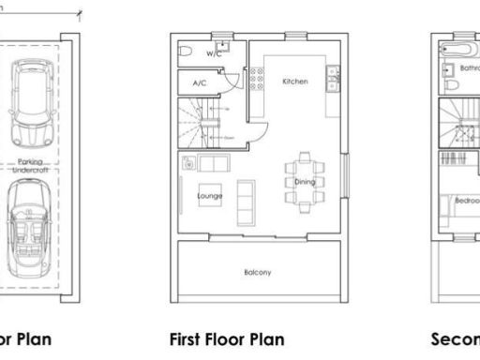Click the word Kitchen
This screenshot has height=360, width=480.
[x=294, y=82]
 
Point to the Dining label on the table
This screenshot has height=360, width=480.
[x=305, y=182]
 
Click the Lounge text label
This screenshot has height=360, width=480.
[x=209, y=197]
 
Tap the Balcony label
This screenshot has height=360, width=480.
[x=257, y=273]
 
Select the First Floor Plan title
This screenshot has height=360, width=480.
[x=226, y=338]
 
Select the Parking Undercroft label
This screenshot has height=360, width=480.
[x=36, y=166]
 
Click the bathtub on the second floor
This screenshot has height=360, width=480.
[x=457, y=47]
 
